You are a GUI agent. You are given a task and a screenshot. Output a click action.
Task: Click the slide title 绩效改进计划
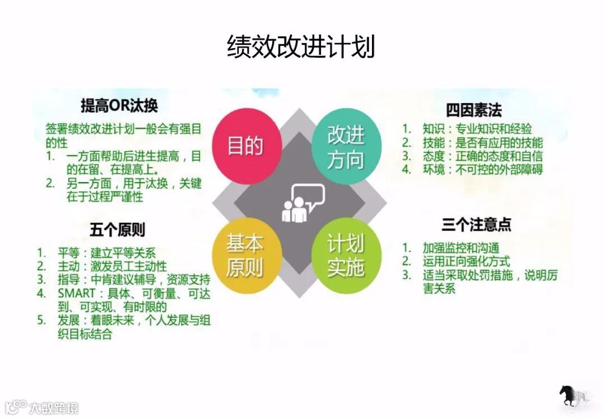(301, 46)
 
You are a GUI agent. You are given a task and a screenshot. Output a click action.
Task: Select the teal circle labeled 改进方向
(345, 147)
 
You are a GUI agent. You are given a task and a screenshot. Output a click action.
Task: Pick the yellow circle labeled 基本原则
(244, 256)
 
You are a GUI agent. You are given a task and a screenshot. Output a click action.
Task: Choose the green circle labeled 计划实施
(345, 256)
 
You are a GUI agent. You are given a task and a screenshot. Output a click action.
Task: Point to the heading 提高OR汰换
(119, 105)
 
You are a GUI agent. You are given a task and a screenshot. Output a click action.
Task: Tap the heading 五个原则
(118, 230)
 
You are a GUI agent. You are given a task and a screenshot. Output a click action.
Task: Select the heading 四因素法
(473, 109)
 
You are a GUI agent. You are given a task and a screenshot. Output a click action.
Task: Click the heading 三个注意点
(476, 225)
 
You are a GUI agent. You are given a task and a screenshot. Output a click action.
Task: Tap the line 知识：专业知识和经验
(477, 128)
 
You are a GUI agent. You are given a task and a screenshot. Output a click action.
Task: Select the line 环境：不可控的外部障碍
(482, 169)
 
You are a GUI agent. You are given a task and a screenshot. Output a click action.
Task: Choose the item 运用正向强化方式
(466, 261)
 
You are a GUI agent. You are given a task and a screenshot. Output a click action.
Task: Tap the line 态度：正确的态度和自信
(482, 156)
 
